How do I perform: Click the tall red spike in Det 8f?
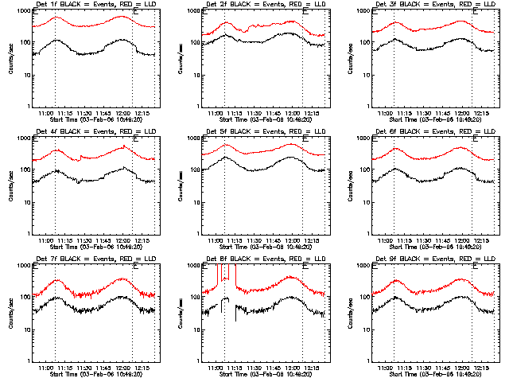click(x=218, y=275)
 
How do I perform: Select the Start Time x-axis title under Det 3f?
click(x=434, y=120)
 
